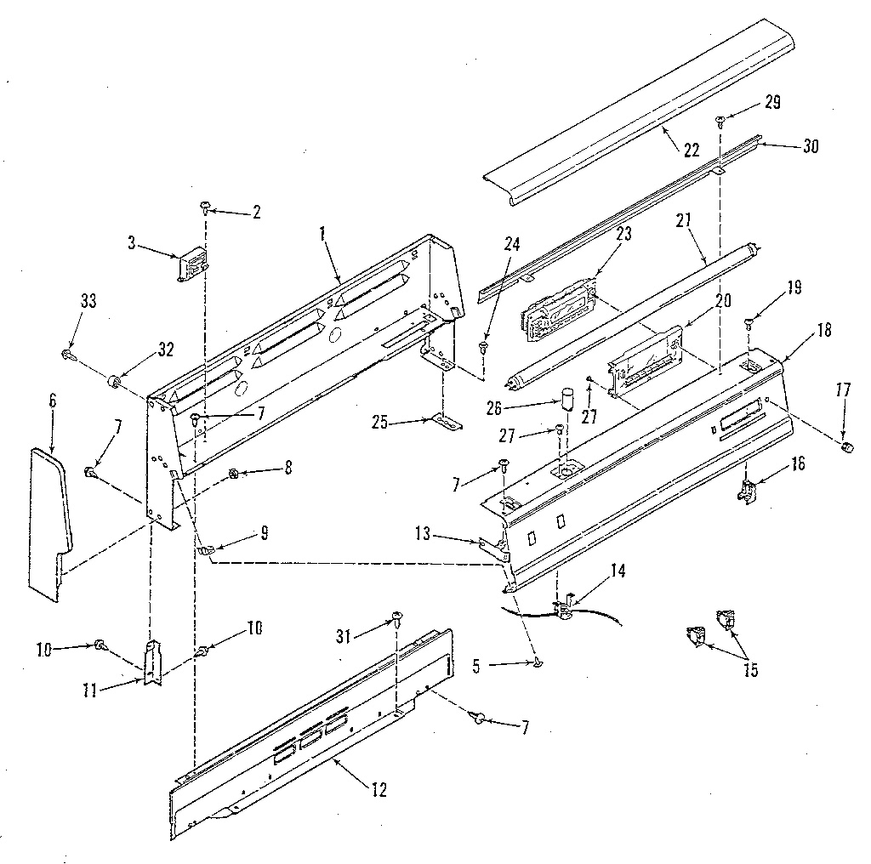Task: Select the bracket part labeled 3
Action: (x=192, y=264)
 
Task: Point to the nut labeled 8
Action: (x=233, y=474)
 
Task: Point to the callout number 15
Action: (x=749, y=669)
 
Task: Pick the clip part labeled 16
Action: (x=747, y=492)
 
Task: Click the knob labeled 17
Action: (x=845, y=447)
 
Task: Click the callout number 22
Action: (x=691, y=150)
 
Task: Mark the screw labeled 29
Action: (x=720, y=120)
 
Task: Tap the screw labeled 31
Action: (x=396, y=615)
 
